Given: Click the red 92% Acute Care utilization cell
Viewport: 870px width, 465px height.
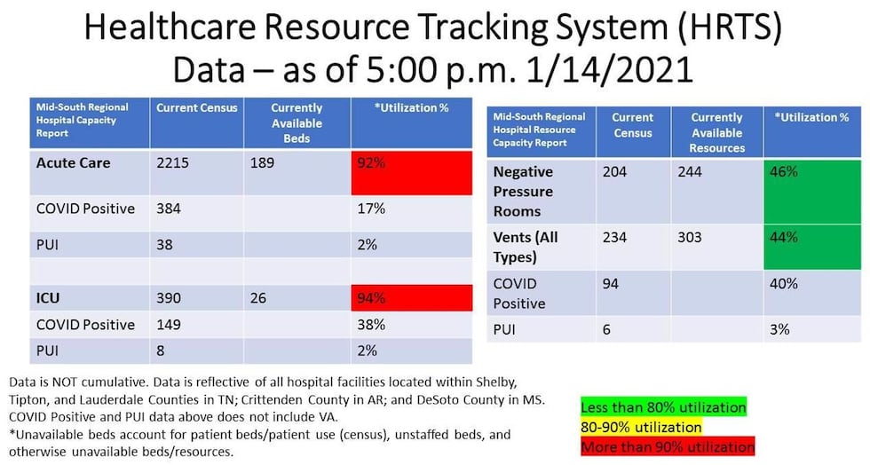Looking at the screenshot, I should (x=411, y=171).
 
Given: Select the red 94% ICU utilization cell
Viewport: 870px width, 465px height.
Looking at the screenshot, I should (x=411, y=299).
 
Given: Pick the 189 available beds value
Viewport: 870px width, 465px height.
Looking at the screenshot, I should (x=263, y=163).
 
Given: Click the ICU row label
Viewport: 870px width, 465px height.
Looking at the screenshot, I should (x=48, y=299).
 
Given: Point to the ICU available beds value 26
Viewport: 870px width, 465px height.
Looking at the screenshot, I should (x=258, y=299).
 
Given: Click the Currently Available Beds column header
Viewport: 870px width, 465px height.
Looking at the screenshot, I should (x=297, y=123).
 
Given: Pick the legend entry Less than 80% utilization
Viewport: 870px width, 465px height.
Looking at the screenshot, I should (x=662, y=406).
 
